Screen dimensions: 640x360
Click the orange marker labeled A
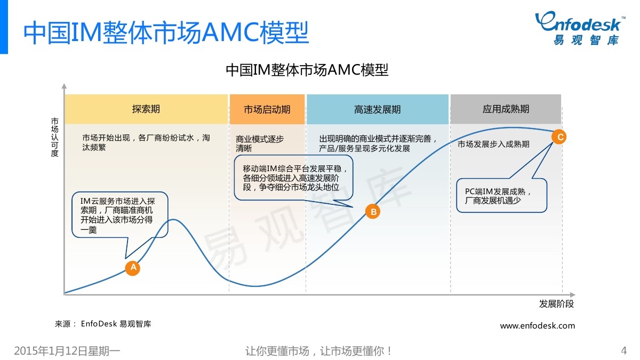[132, 268]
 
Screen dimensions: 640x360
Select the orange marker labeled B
[373, 212]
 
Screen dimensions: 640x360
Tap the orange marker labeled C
[559, 137]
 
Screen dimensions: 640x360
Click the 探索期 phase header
[146, 109]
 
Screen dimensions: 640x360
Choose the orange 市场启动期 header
[267, 109]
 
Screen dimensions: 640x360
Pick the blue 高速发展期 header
[378, 109]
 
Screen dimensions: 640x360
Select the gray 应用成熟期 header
[506, 109]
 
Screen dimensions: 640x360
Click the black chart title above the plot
[307, 70]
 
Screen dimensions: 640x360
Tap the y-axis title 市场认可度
[55, 137]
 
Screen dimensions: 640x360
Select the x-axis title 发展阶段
[556, 304]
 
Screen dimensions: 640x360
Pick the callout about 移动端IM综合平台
[294, 178]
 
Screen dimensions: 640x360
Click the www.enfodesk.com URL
[538, 325]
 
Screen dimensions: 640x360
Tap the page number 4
[623, 350]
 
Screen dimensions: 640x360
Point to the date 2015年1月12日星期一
[67, 351]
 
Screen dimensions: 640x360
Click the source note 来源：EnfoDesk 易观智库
[103, 323]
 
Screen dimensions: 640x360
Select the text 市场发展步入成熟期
[493, 144]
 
